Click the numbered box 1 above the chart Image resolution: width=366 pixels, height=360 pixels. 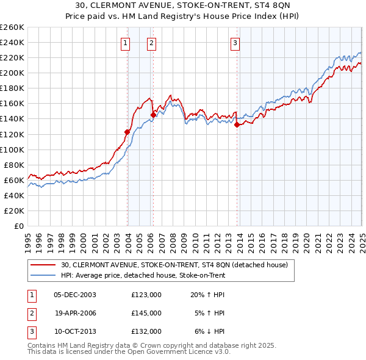(125, 43)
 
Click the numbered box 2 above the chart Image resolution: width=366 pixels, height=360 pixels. (151, 43)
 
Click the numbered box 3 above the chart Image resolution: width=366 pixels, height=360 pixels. (235, 43)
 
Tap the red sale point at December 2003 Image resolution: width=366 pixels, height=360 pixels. (127, 132)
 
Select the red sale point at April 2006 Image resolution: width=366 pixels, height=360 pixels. (153, 115)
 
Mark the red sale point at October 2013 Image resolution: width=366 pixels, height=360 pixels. (237, 125)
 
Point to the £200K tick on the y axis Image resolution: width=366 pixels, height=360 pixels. (12, 73)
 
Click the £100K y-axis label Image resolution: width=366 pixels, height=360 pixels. (12, 149)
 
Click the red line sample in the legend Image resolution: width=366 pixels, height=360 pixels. (43, 265)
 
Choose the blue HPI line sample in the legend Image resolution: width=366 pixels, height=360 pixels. (43, 275)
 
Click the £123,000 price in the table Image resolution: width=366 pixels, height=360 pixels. (146, 294)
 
